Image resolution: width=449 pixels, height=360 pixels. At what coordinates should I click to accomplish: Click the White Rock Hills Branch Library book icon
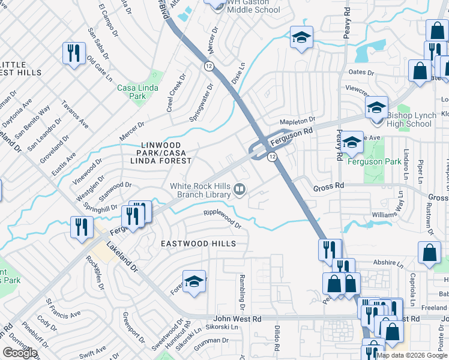click(x=240, y=191)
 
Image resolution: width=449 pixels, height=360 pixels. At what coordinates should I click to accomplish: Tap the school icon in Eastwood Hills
click(x=194, y=282)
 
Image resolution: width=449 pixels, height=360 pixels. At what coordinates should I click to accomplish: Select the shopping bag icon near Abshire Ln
click(x=430, y=254)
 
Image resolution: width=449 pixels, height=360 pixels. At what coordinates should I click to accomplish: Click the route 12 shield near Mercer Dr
click(x=208, y=65)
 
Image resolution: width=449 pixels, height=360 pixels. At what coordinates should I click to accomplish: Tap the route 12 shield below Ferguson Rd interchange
click(x=272, y=157)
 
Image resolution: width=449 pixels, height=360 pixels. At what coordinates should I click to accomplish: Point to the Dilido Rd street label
click(x=277, y=338)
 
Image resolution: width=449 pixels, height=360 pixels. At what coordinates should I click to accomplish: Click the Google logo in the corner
click(x=20, y=353)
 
